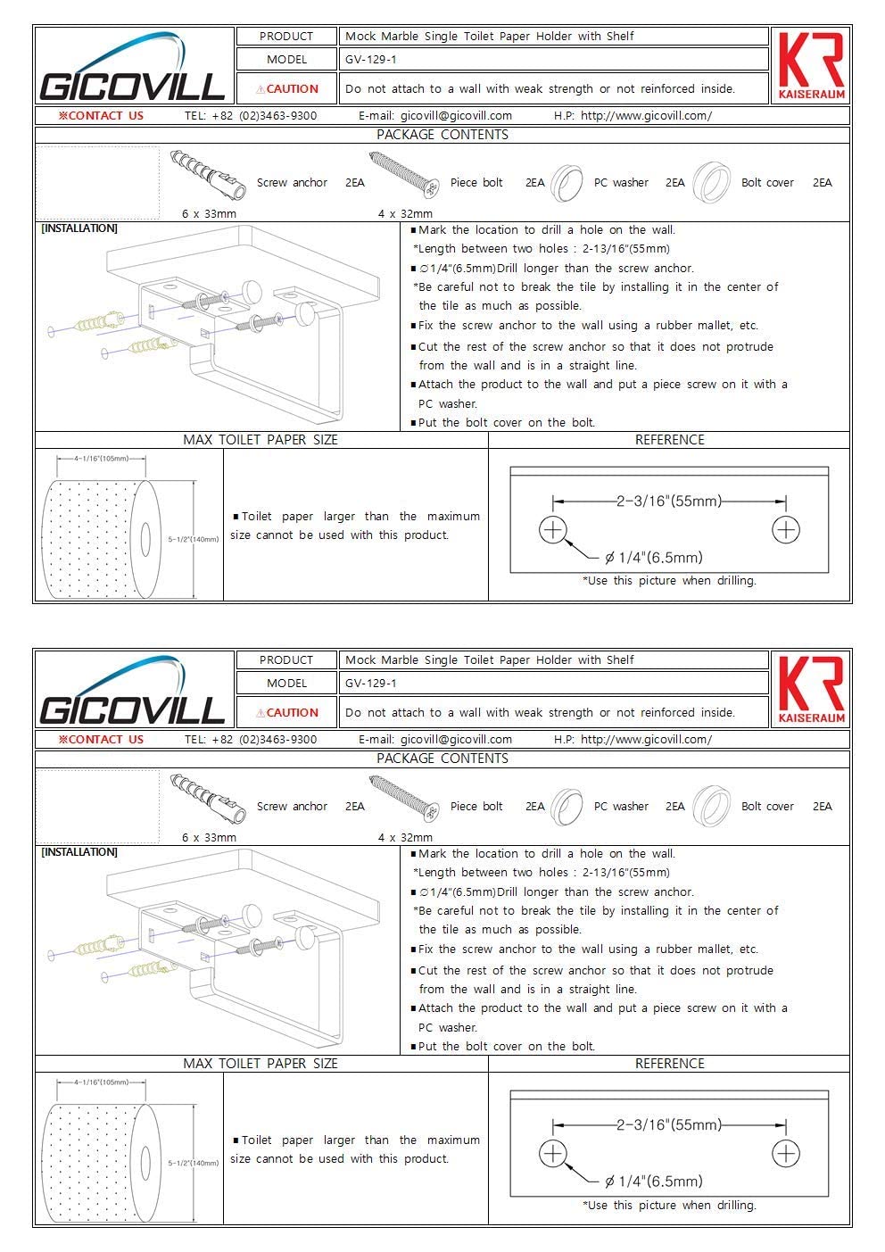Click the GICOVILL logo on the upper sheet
pos(132,67)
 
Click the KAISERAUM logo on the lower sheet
pos(811,690)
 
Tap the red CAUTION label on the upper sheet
pos(287,89)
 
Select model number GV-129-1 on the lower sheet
pos(371,683)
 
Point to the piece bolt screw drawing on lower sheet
pos(403,798)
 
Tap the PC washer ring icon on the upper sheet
pos(567,183)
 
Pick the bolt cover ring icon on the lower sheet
pos(711,807)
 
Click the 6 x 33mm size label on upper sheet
pos(209,213)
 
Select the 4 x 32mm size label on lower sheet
pos(405,837)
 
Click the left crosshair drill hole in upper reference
pos(553,530)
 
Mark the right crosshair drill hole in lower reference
pos(786,1154)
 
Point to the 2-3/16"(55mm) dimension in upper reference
pos(669,501)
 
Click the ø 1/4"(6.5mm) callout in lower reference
pos(654,1181)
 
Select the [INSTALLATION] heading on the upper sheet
pos(79,228)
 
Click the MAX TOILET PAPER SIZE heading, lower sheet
pos(261,1064)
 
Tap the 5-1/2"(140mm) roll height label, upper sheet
pos(194,539)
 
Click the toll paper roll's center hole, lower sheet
pos(145,1163)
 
